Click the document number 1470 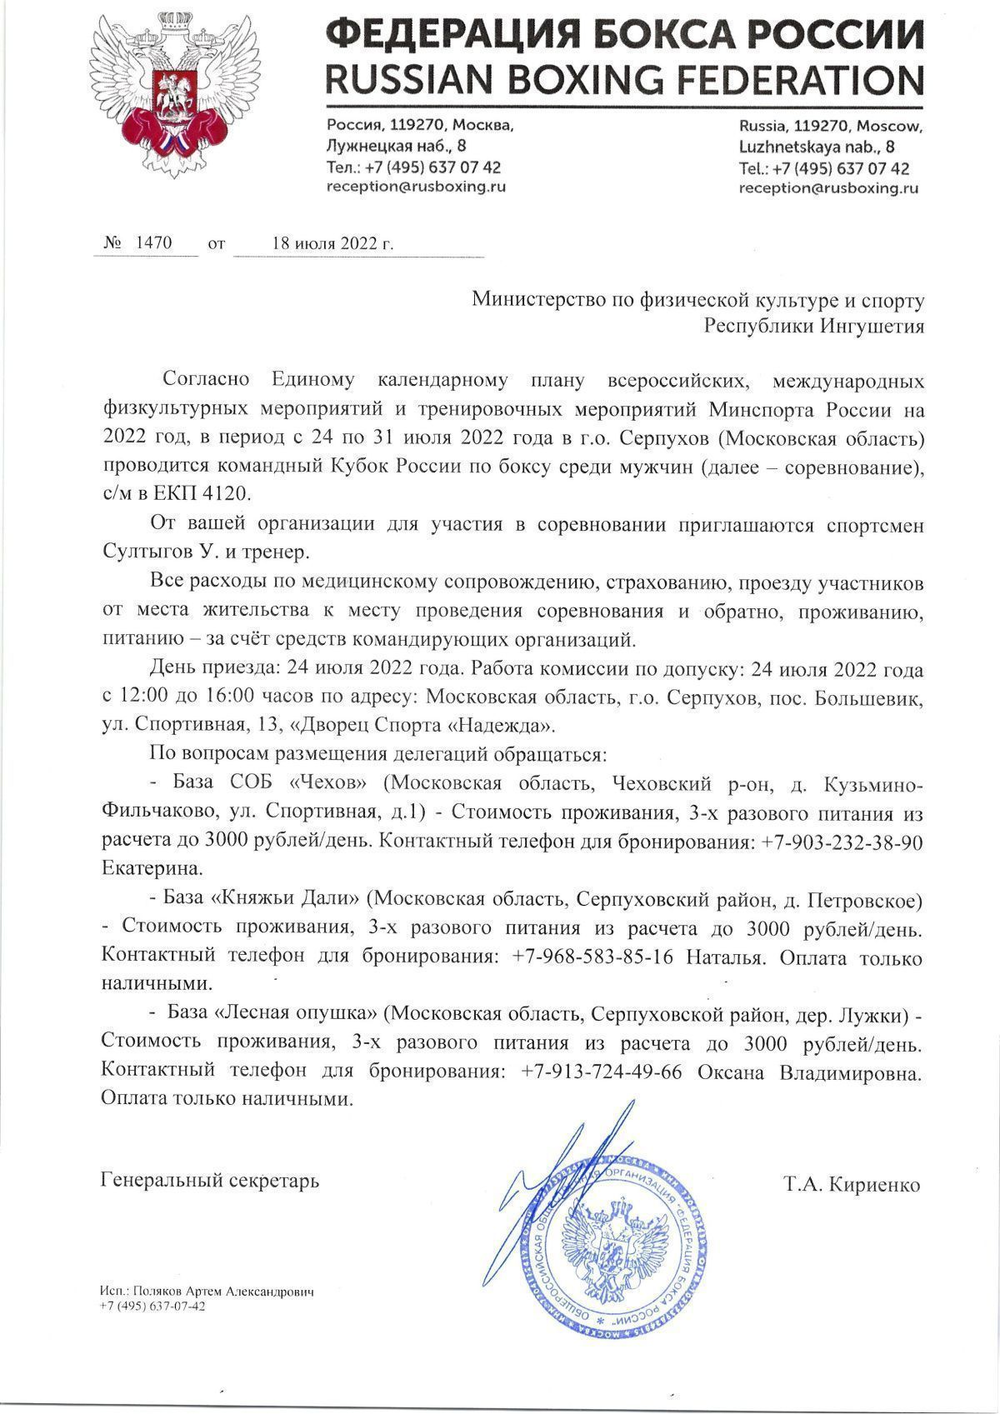pos(153,243)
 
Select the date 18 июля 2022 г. pos(332,244)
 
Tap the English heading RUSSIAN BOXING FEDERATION pos(624,80)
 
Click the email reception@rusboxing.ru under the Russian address pos(416,187)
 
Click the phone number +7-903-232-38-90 pos(841,842)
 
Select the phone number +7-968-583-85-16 pos(592,957)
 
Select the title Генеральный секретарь pos(209,1182)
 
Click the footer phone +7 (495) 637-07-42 pos(152,1307)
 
